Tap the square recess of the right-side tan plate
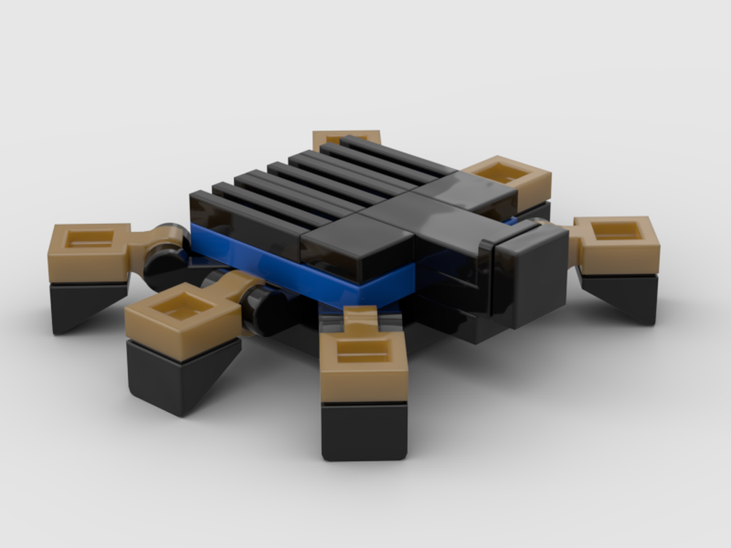coord(618,232)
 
